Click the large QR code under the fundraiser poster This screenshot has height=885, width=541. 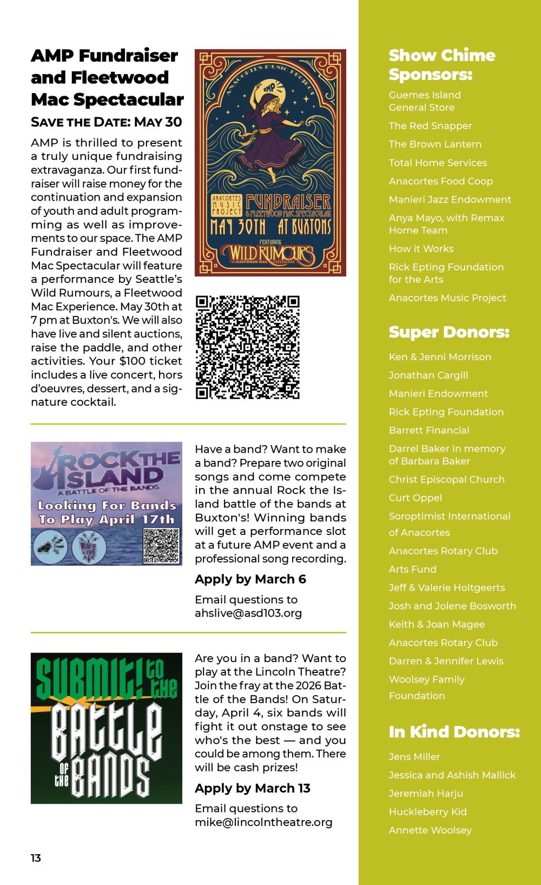pyautogui.click(x=247, y=347)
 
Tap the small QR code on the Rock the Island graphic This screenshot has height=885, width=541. pyautogui.click(x=161, y=545)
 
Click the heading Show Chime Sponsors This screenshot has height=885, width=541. pyautogui.click(x=441, y=64)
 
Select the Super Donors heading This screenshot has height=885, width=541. pyautogui.click(x=448, y=332)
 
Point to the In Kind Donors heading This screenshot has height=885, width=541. pyautogui.click(x=454, y=731)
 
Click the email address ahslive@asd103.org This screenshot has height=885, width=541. pyautogui.click(x=248, y=613)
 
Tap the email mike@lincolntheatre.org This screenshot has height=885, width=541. pyautogui.click(x=263, y=822)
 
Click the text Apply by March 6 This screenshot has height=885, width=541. pyautogui.click(x=250, y=579)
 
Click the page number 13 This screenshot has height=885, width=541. pyautogui.click(x=36, y=857)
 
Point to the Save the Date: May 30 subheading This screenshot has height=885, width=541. pyautogui.click(x=106, y=122)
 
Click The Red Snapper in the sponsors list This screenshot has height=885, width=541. pyautogui.click(x=430, y=126)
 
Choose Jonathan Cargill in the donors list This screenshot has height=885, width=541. pyautogui.click(x=428, y=375)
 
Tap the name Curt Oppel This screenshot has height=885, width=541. pyautogui.click(x=415, y=498)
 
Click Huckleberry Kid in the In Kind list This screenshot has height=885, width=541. pyautogui.click(x=427, y=811)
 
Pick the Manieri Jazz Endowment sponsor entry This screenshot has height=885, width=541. pyautogui.click(x=450, y=199)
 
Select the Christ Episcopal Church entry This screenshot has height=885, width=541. pyautogui.click(x=446, y=479)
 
